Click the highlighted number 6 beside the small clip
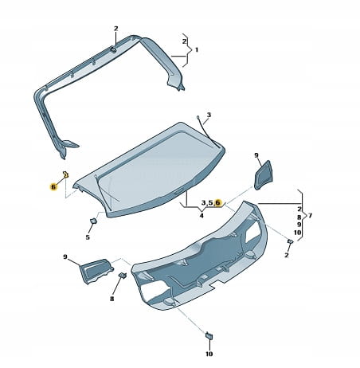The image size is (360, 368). pos(53,187)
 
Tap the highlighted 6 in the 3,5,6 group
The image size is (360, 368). pos(218,202)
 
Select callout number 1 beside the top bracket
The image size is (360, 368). pos(197,49)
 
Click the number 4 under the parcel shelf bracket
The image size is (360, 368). pos(202,216)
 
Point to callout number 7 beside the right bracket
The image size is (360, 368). pos(310,215)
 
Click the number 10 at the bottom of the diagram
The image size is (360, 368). pos(209,354)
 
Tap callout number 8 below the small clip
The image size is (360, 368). pos(112,299)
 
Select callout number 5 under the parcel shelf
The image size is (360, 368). pos(88,237)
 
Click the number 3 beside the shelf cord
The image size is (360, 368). pos(209,115)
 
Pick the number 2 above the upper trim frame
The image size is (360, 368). pos(115,29)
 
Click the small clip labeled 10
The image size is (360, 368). pos(209,335)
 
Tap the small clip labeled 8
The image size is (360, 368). pos(122,276)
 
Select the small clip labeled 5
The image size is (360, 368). pos(94,221)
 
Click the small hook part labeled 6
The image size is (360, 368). pos(65,174)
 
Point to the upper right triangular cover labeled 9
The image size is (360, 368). pos(264,175)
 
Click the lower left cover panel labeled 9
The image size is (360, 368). pos(96,270)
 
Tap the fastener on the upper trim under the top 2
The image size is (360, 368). pos(113,49)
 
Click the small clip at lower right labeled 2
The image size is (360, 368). pos(290,241)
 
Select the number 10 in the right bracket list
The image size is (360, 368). pos(298,233)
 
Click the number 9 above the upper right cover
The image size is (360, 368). pos(256,155)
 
